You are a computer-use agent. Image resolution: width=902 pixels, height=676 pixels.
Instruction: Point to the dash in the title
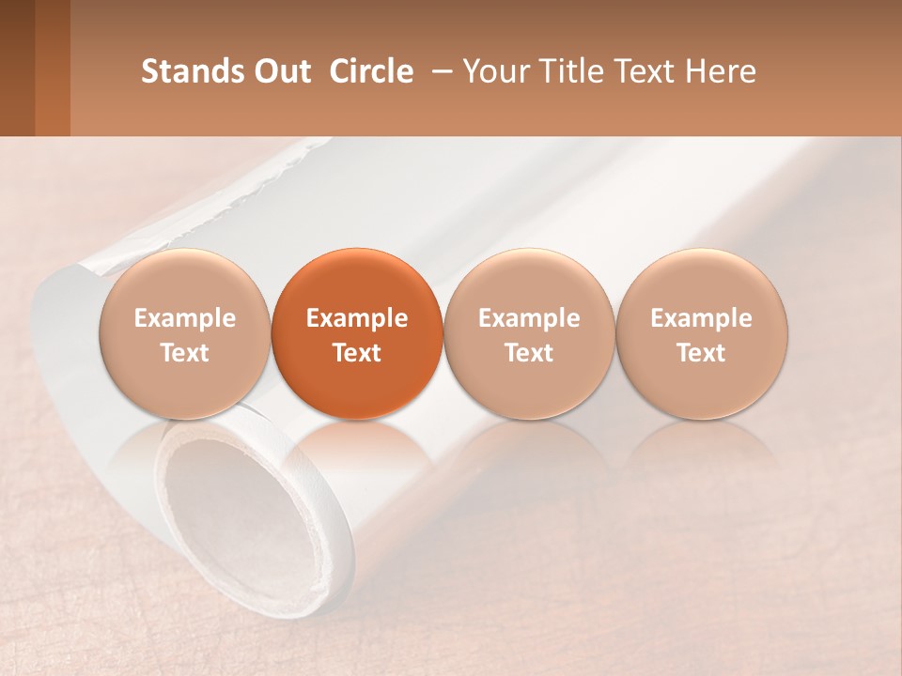point(438,71)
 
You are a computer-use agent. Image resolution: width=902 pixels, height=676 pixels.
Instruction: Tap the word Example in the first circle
point(184,318)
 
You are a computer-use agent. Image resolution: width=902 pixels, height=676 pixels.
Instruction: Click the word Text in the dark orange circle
point(357,353)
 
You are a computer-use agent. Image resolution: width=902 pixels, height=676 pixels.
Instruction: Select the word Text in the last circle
point(701,353)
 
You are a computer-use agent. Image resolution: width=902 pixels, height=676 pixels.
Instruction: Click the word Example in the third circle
point(529,318)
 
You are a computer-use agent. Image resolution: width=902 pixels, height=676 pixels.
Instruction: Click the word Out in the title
point(282,71)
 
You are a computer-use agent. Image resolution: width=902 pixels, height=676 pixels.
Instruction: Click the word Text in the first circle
point(184,353)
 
